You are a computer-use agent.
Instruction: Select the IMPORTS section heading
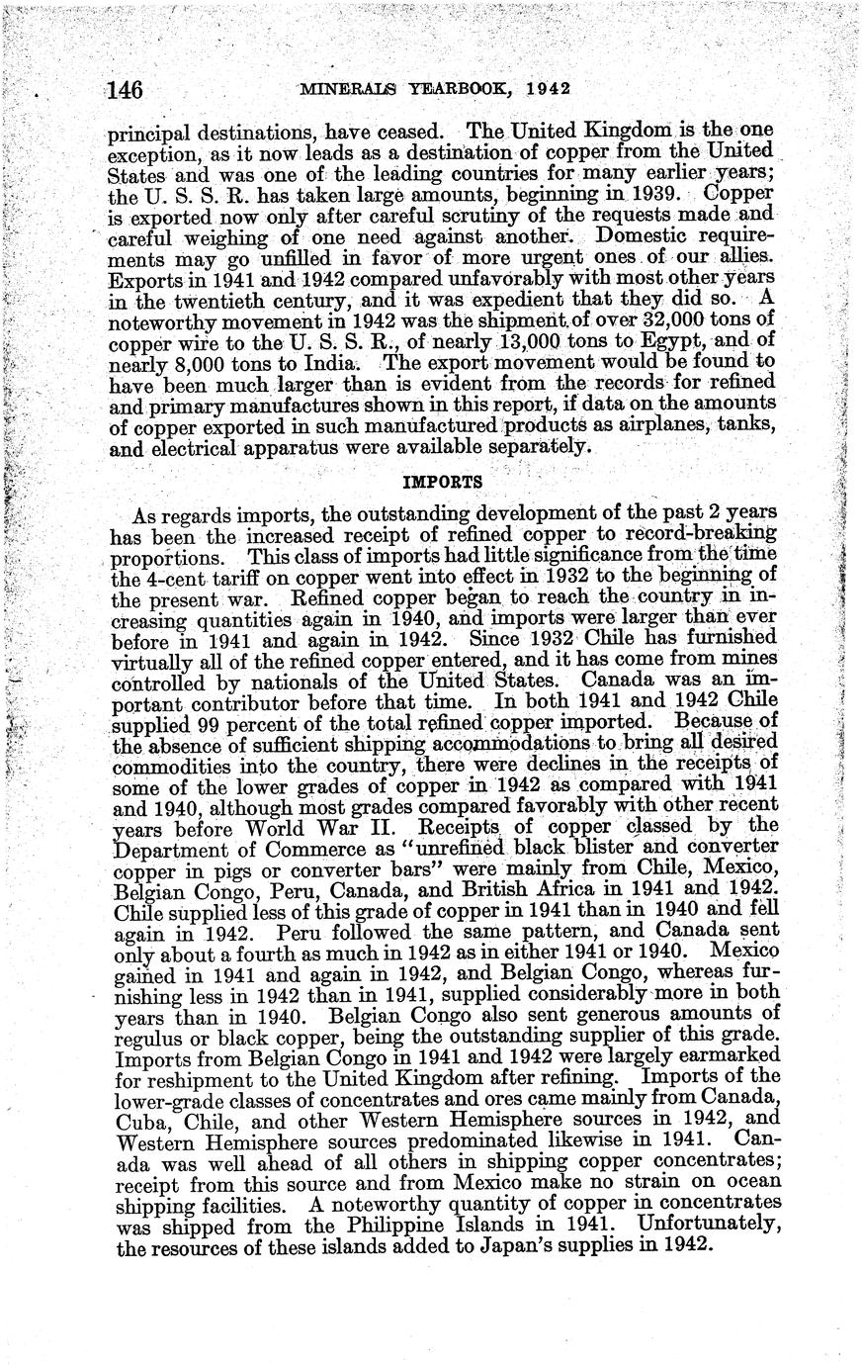[x=444, y=483]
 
